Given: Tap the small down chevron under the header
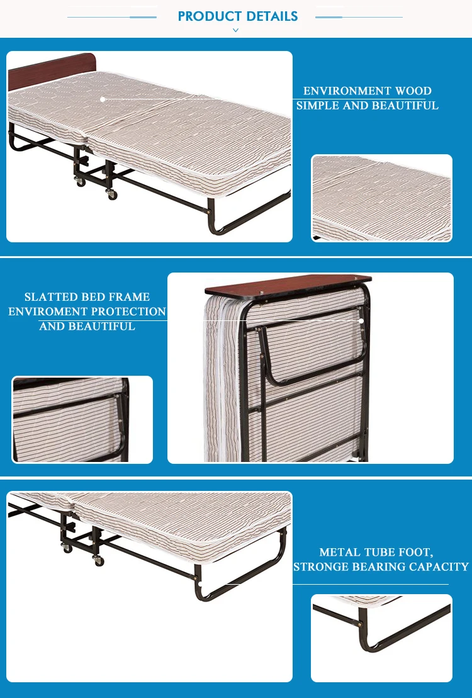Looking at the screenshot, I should click(236, 30).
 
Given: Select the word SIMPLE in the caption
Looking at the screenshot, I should click(318, 106).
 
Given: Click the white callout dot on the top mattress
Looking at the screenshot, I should click(103, 99).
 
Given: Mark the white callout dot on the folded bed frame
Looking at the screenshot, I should click(361, 320).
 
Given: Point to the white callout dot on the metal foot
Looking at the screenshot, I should click(200, 584).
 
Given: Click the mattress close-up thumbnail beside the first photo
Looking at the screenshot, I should click(381, 198).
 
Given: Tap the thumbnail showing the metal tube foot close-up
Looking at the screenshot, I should click(381, 638).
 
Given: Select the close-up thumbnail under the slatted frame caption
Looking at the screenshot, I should click(82, 419).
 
